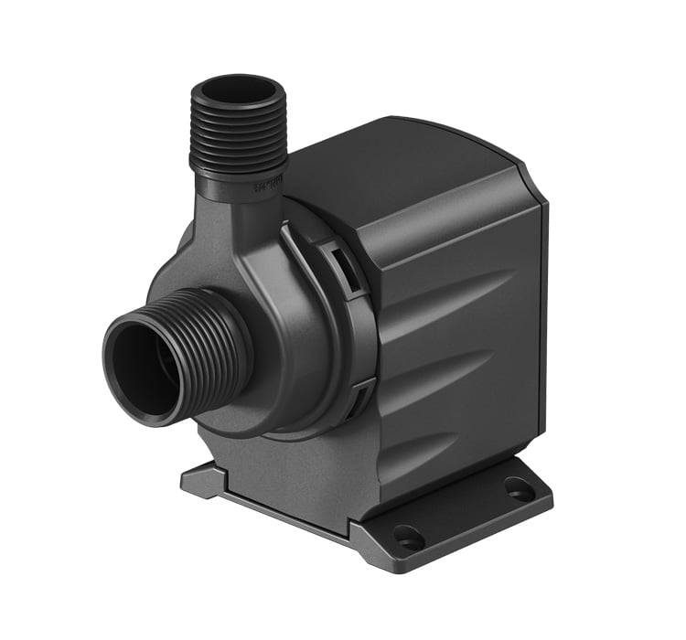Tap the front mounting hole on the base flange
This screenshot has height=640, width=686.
pyautogui.click(x=407, y=538)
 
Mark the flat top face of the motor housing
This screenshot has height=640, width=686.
pyautogui.click(x=402, y=160)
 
